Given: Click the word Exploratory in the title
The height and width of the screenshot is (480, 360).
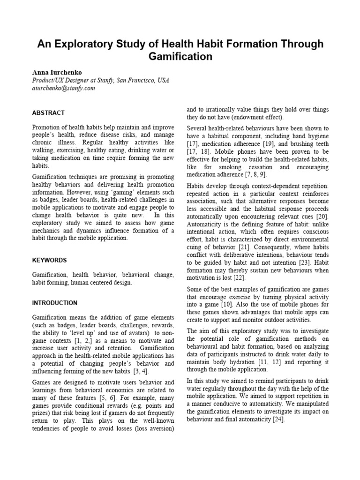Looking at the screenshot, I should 89,44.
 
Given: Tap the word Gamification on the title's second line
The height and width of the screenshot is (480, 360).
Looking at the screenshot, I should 180,57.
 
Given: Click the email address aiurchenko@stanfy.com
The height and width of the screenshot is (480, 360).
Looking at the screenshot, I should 64,88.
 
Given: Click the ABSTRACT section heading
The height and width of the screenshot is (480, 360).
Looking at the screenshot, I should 48,113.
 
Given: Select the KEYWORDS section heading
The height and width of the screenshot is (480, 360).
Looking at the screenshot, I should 49,260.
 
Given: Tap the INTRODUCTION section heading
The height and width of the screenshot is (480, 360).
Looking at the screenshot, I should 55,303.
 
